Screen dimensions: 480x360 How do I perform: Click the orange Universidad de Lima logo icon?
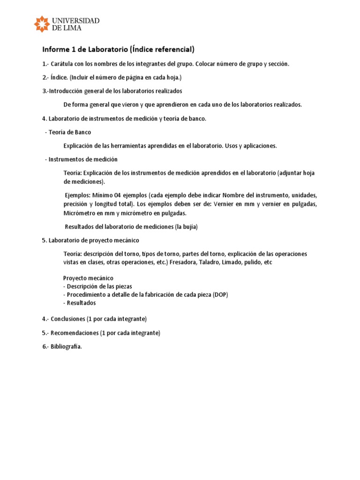42,24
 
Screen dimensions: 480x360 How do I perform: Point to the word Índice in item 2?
57,77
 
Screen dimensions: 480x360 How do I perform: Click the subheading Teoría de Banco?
70,132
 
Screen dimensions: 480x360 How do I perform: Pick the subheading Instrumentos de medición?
83,159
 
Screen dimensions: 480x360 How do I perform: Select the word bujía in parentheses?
189,227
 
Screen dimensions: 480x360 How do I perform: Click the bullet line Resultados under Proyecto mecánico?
82,303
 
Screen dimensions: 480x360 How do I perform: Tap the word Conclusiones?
68,319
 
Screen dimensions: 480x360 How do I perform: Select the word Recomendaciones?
75,333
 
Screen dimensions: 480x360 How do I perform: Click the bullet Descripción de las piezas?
99,286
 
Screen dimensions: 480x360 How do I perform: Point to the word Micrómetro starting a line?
79,213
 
